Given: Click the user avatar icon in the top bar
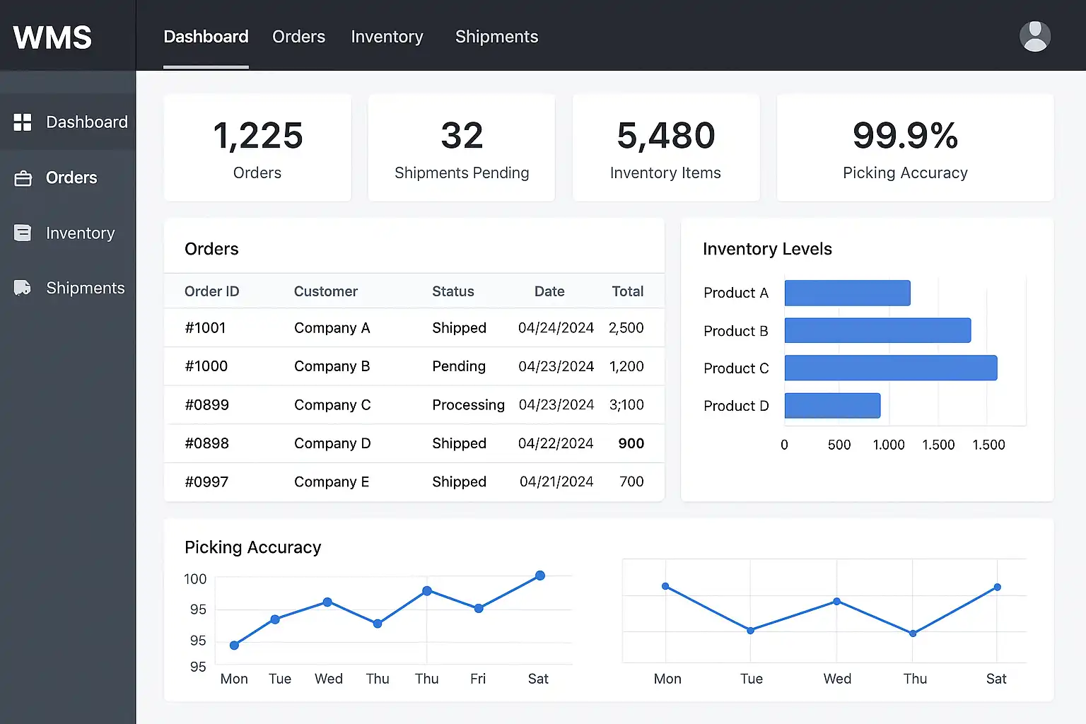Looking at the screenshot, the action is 1034,36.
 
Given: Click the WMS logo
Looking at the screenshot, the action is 52,37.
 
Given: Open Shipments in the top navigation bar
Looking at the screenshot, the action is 496,37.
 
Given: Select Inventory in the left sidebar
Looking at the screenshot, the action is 81,233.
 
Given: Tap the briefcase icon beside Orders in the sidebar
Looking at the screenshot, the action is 23,178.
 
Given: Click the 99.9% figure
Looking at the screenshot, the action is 905,135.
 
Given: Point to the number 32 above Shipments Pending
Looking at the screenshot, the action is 462,135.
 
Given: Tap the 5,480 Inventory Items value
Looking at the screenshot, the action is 665,135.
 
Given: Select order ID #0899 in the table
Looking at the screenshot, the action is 206,404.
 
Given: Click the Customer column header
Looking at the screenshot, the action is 326,291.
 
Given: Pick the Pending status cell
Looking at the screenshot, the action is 459,366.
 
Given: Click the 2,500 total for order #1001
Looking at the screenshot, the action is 626,328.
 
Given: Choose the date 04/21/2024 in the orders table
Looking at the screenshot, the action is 556,481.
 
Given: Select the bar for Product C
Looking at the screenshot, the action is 891,368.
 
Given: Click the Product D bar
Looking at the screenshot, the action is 832,405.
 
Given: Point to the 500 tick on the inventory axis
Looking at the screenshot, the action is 839,445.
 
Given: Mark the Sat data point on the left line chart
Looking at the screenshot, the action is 539,576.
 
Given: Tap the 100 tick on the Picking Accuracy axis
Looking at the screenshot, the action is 195,579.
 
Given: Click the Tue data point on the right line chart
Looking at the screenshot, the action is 750,631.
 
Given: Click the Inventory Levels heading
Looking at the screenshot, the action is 767,249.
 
